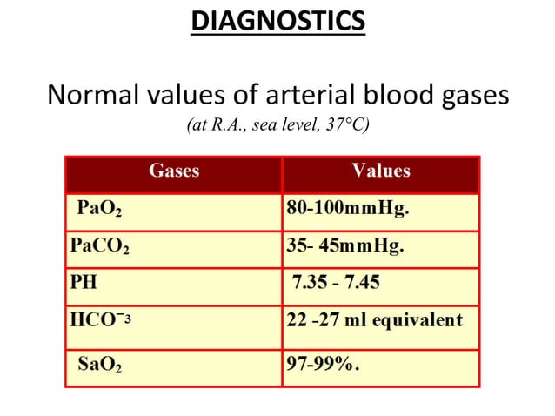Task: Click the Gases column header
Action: [x=174, y=171]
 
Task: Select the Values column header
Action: [x=381, y=171]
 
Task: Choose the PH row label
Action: [x=83, y=283]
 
